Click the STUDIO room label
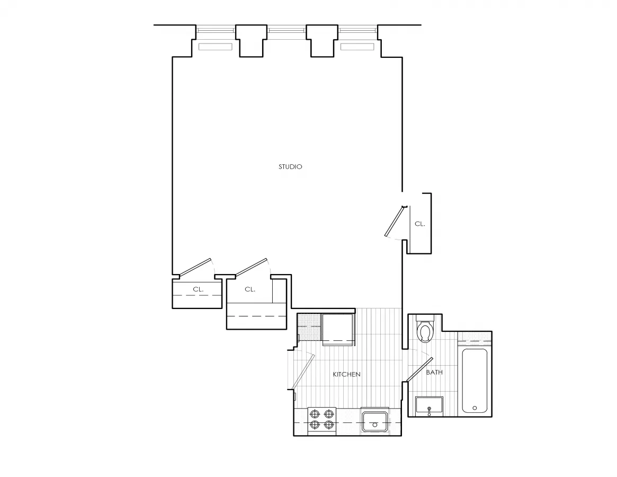tap(290, 167)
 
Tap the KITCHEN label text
tap(346, 375)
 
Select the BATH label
tap(434, 373)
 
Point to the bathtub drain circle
tap(474, 408)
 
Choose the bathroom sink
tap(429, 407)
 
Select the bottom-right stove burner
tap(329, 425)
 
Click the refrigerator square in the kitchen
tap(337, 329)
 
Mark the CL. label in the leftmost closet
tap(198, 289)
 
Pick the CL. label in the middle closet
tap(250, 289)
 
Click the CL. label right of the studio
tap(419, 224)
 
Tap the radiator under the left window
tap(216, 47)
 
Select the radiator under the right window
tap(357, 47)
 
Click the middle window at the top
tap(287, 30)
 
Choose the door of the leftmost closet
tap(195, 268)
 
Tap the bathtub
tap(475, 380)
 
